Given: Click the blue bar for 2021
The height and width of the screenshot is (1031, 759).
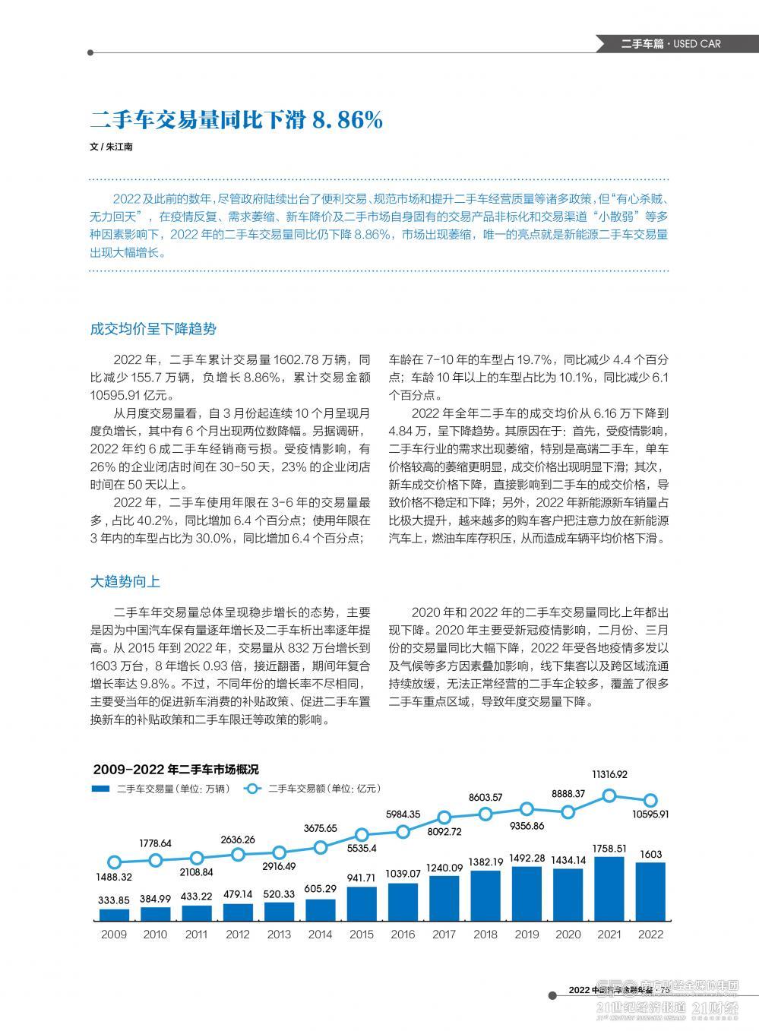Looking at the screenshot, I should point(609,890).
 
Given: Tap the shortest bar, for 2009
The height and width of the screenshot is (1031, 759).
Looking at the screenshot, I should point(114,916).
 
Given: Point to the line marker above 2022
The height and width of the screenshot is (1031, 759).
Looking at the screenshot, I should point(650,800).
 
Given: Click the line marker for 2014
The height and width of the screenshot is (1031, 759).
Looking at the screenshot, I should point(321,847).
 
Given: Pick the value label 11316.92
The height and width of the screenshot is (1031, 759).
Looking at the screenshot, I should point(609,774).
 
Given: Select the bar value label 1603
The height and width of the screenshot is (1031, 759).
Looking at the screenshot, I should point(650,855).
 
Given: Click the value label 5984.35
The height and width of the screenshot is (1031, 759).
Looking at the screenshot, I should point(403,814).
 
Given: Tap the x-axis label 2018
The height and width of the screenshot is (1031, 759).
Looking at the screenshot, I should point(485,935).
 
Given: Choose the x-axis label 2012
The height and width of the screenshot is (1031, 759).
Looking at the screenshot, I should point(238,935).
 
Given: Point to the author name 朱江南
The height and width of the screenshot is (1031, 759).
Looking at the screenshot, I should point(119,147).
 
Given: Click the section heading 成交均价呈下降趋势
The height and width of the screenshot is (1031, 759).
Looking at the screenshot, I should point(153,329).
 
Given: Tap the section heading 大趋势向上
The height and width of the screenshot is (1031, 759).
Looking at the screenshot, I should point(125,582).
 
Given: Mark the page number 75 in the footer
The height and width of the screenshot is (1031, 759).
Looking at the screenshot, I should point(663,990).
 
